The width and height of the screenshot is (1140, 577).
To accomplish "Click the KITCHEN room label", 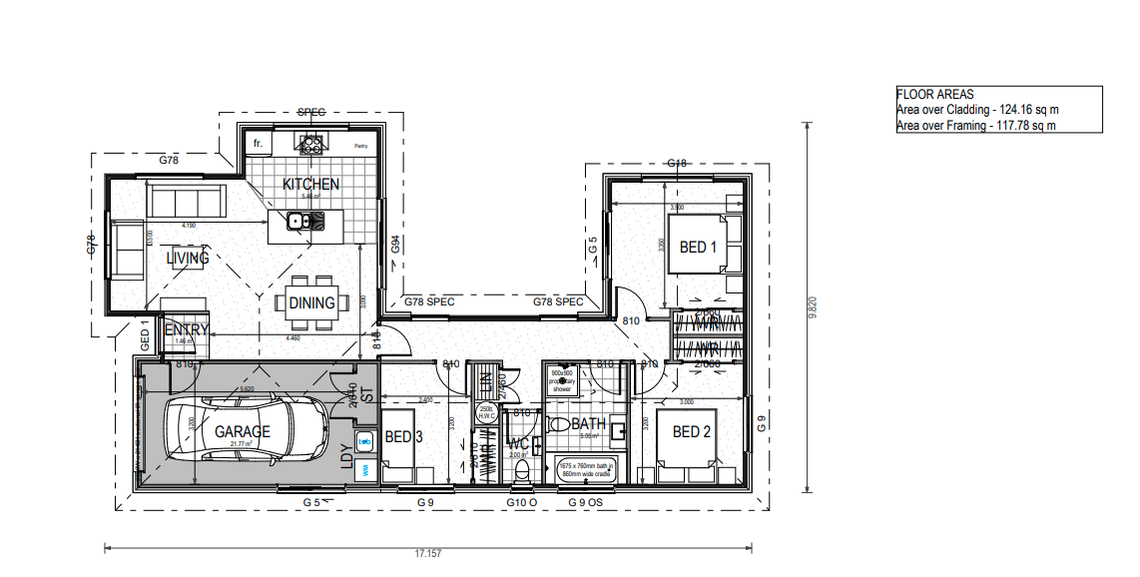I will pyautogui.click(x=310, y=185).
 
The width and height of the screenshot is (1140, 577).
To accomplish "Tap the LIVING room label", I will pyautogui.click(x=188, y=259).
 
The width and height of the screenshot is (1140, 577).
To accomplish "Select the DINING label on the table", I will pyautogui.click(x=311, y=302).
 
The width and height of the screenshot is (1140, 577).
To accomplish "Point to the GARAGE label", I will pyautogui.click(x=243, y=432).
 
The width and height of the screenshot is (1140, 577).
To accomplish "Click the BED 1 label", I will pyautogui.click(x=699, y=247).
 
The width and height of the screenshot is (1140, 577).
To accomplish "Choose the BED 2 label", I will pyautogui.click(x=692, y=432).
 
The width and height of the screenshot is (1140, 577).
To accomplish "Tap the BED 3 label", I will pyautogui.click(x=404, y=436).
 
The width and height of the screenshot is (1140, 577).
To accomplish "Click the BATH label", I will pyautogui.click(x=588, y=424).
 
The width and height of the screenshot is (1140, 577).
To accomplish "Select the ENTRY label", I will pyautogui.click(x=187, y=330).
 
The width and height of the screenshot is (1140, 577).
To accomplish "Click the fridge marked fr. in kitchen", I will pyautogui.click(x=259, y=144).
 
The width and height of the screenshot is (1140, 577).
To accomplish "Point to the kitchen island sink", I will pyautogui.click(x=296, y=222).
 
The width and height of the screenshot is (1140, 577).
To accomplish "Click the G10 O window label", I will pyautogui.click(x=521, y=503).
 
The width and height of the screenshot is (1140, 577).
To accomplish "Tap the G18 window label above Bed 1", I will pyautogui.click(x=677, y=164).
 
